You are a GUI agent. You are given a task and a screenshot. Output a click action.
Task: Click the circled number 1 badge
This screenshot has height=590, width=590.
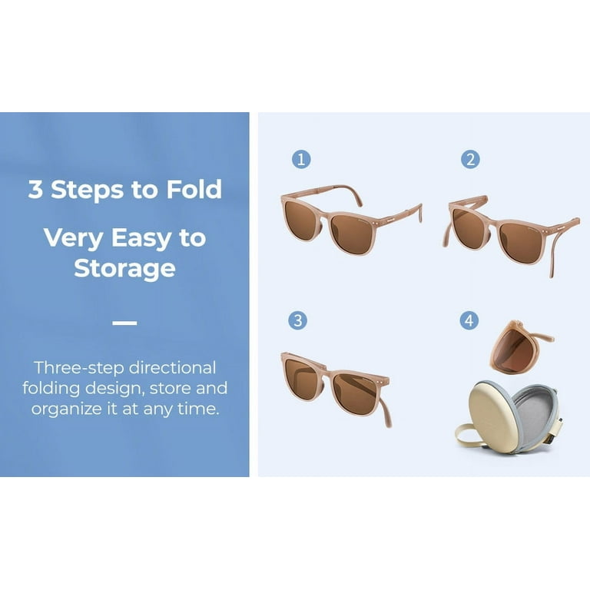(x=301, y=159)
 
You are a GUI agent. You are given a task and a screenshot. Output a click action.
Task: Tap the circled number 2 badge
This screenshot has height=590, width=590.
(x=470, y=159)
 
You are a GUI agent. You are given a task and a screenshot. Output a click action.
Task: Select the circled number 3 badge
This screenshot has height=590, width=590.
(x=297, y=320)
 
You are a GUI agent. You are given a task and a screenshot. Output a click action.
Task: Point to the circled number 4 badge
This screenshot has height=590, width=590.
(x=469, y=320)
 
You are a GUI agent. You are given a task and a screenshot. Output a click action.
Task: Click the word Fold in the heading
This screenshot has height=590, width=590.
(x=194, y=189)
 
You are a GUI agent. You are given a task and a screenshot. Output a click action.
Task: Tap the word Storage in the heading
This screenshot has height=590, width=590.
(x=124, y=269)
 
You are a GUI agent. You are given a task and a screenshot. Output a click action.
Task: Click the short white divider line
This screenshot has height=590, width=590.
(x=124, y=323)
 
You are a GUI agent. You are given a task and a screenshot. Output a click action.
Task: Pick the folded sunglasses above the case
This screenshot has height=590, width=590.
(x=519, y=347)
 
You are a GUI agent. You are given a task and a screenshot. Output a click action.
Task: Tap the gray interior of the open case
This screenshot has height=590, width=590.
(x=535, y=412)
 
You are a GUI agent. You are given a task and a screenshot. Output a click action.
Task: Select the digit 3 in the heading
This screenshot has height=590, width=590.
(x=36, y=189)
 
